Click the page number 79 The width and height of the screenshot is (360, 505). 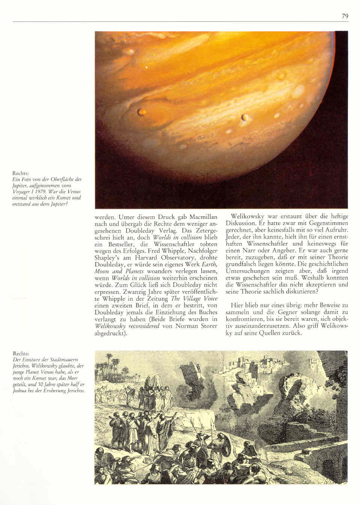pos(345,16)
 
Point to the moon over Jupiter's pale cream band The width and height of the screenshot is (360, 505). pos(244,118)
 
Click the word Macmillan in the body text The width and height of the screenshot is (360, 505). pos(203,217)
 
